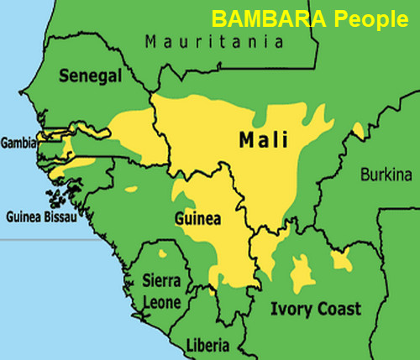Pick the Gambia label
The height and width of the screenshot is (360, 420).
tap(18, 143)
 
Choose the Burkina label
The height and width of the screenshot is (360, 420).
tap(386, 175)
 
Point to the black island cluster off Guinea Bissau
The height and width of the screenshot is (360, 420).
tap(58, 199)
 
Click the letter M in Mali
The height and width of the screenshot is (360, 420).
tap(245, 139)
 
